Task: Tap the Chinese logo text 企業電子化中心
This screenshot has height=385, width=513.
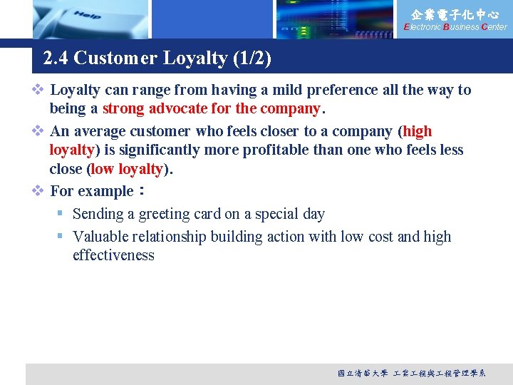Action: (x=455, y=14)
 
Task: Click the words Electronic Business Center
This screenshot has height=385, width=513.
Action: (x=455, y=27)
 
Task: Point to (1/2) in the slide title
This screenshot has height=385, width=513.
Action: (x=252, y=58)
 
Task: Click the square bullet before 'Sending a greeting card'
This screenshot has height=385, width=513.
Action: (x=61, y=214)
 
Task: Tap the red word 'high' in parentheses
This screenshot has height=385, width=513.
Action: (x=418, y=131)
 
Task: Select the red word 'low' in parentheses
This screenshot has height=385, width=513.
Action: (x=103, y=169)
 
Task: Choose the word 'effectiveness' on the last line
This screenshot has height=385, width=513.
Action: (x=113, y=255)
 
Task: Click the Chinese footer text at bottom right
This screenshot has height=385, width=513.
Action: (x=412, y=373)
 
